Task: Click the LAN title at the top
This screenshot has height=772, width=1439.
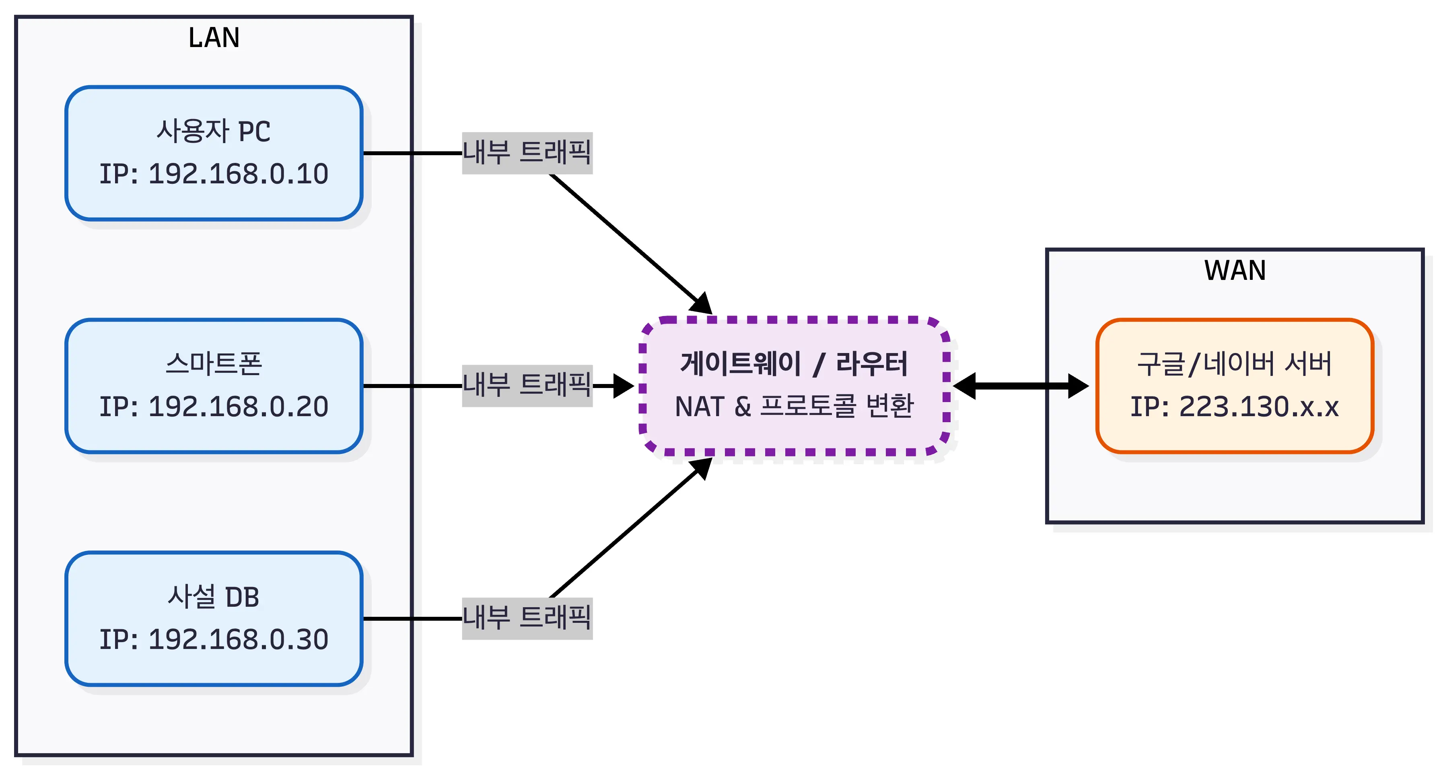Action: coord(214,38)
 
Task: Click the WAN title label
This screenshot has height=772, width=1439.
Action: coord(1235,271)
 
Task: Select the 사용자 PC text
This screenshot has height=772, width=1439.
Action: coord(214,132)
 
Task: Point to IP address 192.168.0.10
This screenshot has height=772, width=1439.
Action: coord(214,174)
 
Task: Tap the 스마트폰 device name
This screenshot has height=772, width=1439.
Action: coord(214,364)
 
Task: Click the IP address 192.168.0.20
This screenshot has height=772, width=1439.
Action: coord(214,407)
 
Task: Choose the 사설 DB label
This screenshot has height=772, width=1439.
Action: coord(214,597)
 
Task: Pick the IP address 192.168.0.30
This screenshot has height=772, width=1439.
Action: coord(214,639)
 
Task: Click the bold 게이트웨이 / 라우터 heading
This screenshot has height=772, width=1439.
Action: coord(794,364)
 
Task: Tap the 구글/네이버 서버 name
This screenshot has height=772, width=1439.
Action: coord(1235,364)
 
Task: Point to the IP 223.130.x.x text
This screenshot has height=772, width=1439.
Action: coord(1235,407)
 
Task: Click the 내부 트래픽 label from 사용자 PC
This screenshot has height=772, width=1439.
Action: coord(527,153)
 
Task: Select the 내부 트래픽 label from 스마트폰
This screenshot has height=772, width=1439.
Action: coord(527,386)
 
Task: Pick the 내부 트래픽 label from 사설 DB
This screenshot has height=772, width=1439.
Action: coord(527,618)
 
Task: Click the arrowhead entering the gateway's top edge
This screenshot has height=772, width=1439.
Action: coord(702,304)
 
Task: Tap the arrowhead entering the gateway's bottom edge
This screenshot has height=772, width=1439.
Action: coord(702,467)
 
